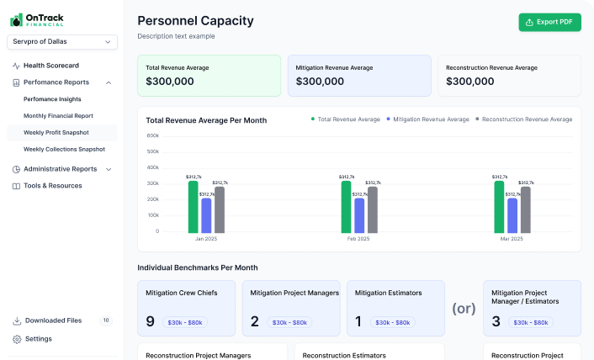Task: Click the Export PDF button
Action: [x=549, y=22]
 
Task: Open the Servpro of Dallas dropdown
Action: [x=62, y=41]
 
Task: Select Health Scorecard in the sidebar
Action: [x=50, y=66]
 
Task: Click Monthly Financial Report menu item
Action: [x=58, y=116]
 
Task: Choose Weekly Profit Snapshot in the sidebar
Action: [x=56, y=133]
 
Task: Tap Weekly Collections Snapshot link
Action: [x=64, y=150]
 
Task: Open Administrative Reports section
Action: [x=61, y=169]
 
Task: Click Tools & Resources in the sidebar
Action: [x=52, y=186]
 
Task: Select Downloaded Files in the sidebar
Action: [x=53, y=320]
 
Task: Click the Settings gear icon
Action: [x=17, y=339]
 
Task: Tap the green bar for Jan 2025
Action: [x=193, y=207]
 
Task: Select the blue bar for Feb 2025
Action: [x=359, y=215]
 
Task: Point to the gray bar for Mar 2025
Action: [x=526, y=209]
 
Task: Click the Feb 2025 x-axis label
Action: [x=358, y=239]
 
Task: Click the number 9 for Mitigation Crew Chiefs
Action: [x=151, y=321]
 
